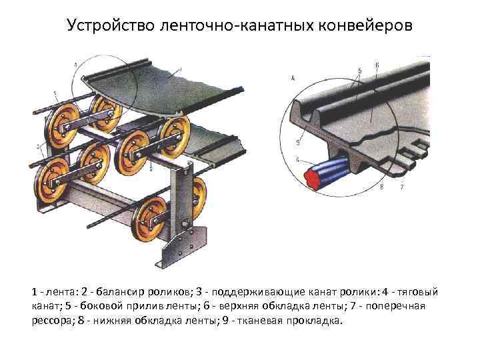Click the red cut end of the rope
click(x=310, y=178)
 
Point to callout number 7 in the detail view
click(x=402, y=187)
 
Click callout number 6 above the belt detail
click(x=377, y=65)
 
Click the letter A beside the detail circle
click(x=294, y=78)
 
